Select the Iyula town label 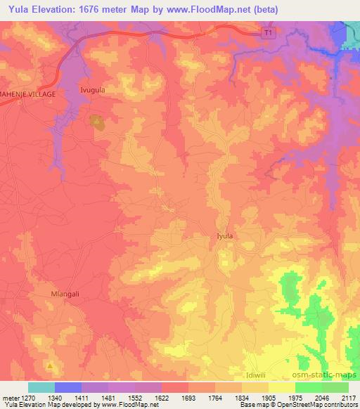pyautogui.click(x=224, y=237)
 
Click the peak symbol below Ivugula pyautogui.click(x=96, y=121)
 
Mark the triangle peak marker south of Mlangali pyautogui.click(x=49, y=366)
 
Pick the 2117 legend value pyautogui.click(x=348, y=397)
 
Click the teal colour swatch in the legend pyautogui.click(x=41, y=387)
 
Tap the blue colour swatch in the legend pyautogui.click(x=68, y=387)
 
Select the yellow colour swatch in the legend pyautogui.click(x=281, y=387)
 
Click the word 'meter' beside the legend pyautogui.click(x=8, y=397)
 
